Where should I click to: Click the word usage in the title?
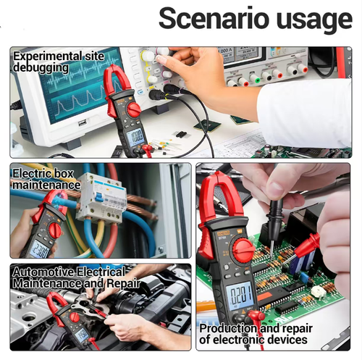(x=313, y=20)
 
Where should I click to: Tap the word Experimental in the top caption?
(x=47, y=55)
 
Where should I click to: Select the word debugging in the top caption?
(x=41, y=67)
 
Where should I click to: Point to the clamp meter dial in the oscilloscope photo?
(x=134, y=110)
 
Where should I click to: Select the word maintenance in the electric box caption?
(x=46, y=185)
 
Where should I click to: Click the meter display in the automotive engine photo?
(x=83, y=333)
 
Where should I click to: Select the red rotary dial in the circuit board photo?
(x=243, y=251)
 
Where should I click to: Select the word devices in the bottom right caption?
(x=287, y=339)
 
